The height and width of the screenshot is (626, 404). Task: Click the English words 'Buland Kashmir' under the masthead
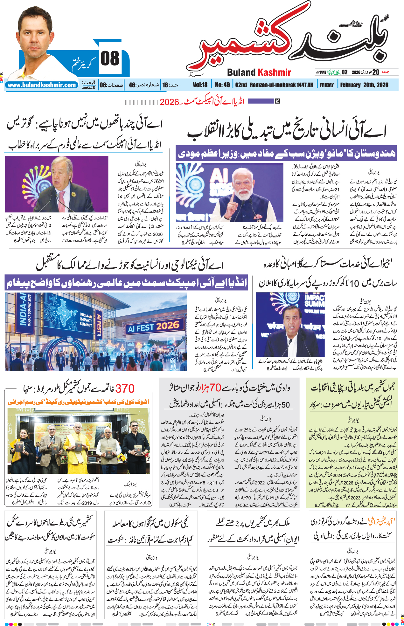[259, 72]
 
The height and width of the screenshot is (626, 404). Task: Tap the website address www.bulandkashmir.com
[42, 85]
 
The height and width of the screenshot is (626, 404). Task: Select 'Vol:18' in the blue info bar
[200, 85]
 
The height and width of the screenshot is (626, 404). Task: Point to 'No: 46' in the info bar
[222, 85]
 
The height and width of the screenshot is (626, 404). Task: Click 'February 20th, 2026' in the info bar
[364, 85]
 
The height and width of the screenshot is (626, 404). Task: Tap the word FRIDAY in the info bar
[327, 85]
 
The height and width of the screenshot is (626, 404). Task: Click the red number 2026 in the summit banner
[169, 102]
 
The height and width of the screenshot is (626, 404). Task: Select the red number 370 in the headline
[125, 389]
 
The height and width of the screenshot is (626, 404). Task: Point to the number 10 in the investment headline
[354, 283]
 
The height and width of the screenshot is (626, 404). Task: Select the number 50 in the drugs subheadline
[285, 405]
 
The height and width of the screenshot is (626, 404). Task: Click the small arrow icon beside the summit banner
[277, 101]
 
